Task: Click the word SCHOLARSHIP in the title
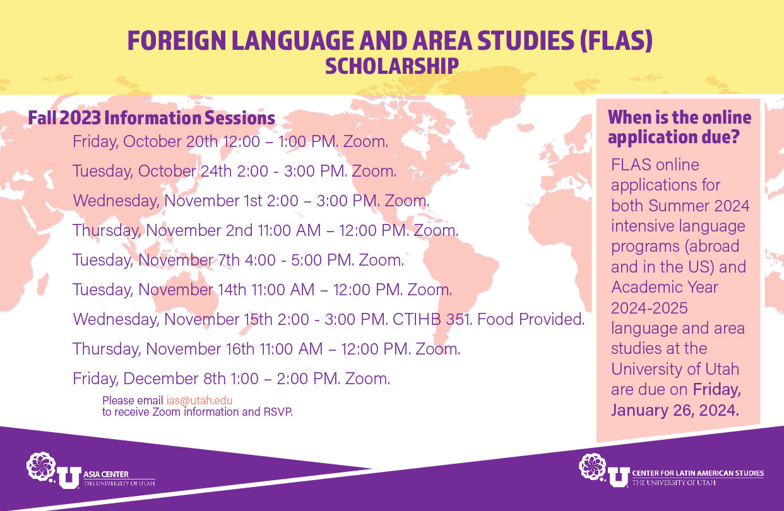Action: (391, 66)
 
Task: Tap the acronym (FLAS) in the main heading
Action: (616, 40)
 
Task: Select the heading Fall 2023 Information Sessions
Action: (151, 118)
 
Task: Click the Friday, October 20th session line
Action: (230, 142)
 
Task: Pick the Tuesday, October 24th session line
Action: (234, 172)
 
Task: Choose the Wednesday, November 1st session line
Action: (251, 201)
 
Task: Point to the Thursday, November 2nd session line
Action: (265, 230)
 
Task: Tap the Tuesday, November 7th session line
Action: (238, 260)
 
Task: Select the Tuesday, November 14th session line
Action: (262, 290)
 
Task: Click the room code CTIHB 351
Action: (432, 319)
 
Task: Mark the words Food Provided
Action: (531, 319)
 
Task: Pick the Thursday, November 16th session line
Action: (266, 349)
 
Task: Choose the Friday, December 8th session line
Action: (231, 379)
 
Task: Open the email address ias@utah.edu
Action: (199, 401)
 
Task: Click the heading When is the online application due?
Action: (679, 127)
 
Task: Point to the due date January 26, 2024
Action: (675, 410)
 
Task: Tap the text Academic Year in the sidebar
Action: (665, 288)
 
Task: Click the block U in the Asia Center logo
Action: (69, 478)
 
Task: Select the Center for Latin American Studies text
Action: (698, 473)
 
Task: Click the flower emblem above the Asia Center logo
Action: (41, 466)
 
